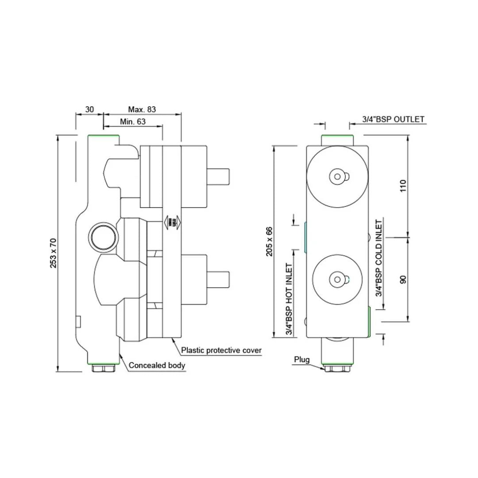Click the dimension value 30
coord(89,109)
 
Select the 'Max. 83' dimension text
coord(142,109)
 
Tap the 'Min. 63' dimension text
coord(133,121)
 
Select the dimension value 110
coord(403,185)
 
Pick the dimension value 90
coord(403,279)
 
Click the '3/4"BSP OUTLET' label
coord(393,119)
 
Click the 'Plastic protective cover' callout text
coord(222,351)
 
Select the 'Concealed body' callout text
coord(157,366)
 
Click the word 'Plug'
coord(302,359)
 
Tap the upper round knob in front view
coord(337,176)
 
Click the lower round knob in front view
coord(337,279)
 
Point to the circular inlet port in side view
coord(103,238)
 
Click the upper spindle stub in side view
coord(218,176)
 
